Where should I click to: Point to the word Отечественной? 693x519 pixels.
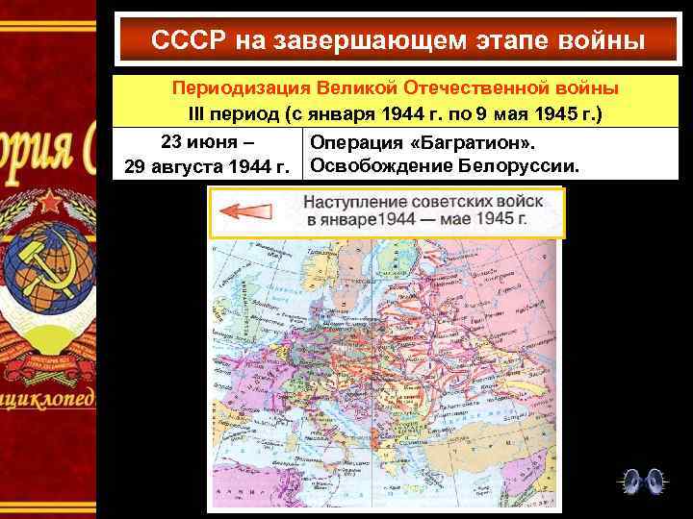coord(479,88)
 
